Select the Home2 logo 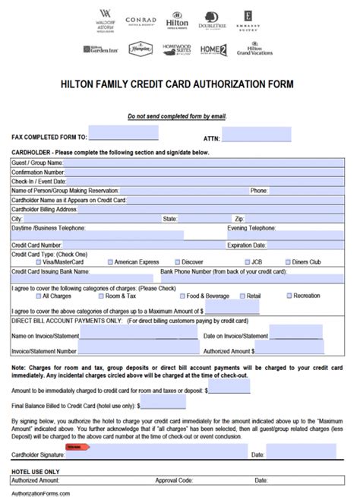(x=213, y=50)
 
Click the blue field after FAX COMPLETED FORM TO (x=124, y=135)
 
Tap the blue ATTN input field (x=256, y=135)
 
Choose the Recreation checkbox (x=289, y=296)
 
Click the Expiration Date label (x=246, y=245)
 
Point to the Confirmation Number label (x=39, y=172)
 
